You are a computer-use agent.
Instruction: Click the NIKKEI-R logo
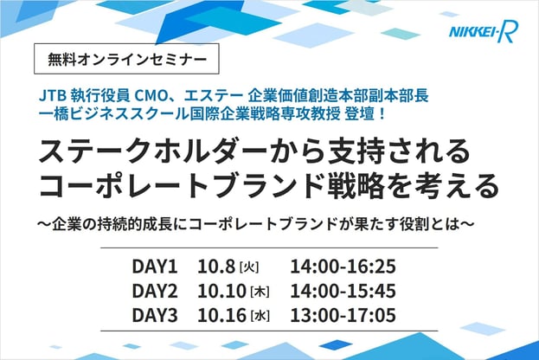(x=484, y=32)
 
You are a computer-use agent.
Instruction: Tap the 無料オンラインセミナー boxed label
(x=126, y=59)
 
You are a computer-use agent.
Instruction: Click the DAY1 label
(x=155, y=267)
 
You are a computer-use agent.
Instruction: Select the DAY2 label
(x=155, y=291)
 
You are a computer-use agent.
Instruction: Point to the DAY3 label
(x=155, y=315)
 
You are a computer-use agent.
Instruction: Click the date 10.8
(x=216, y=267)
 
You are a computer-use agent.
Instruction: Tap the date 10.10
(x=221, y=291)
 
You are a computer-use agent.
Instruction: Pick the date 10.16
(x=221, y=315)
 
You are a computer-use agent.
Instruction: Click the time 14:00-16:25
(x=343, y=267)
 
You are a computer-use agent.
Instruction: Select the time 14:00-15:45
(x=343, y=291)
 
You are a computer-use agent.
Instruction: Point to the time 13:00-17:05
(x=343, y=315)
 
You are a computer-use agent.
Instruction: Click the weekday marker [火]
(x=249, y=267)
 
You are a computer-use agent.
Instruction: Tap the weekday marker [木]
(x=260, y=292)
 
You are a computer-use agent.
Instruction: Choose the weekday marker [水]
(x=260, y=316)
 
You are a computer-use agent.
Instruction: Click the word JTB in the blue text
(x=53, y=96)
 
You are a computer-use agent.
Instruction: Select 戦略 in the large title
(x=356, y=186)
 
